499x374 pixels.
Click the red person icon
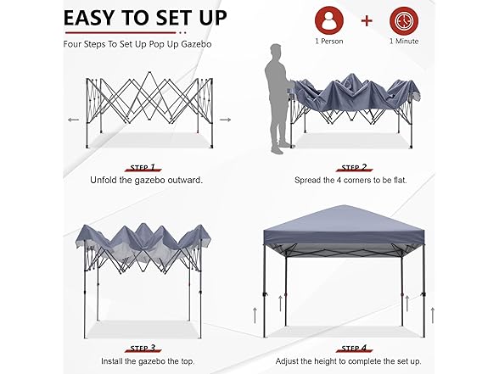point(329,20)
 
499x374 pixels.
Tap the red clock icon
point(404,20)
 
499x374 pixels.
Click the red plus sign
point(367,21)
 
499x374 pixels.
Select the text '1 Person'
point(329,42)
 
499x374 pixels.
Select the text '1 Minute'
point(404,42)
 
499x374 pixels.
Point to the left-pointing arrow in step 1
point(74,120)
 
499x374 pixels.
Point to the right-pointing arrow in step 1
point(226,120)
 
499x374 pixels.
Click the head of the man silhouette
point(277,50)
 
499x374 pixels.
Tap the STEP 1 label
point(143,167)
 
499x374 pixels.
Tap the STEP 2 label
point(354,167)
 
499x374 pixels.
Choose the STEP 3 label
point(143,349)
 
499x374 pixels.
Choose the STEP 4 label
point(354,349)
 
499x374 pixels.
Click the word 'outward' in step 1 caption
point(186,181)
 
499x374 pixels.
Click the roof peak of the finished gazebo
point(344,206)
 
